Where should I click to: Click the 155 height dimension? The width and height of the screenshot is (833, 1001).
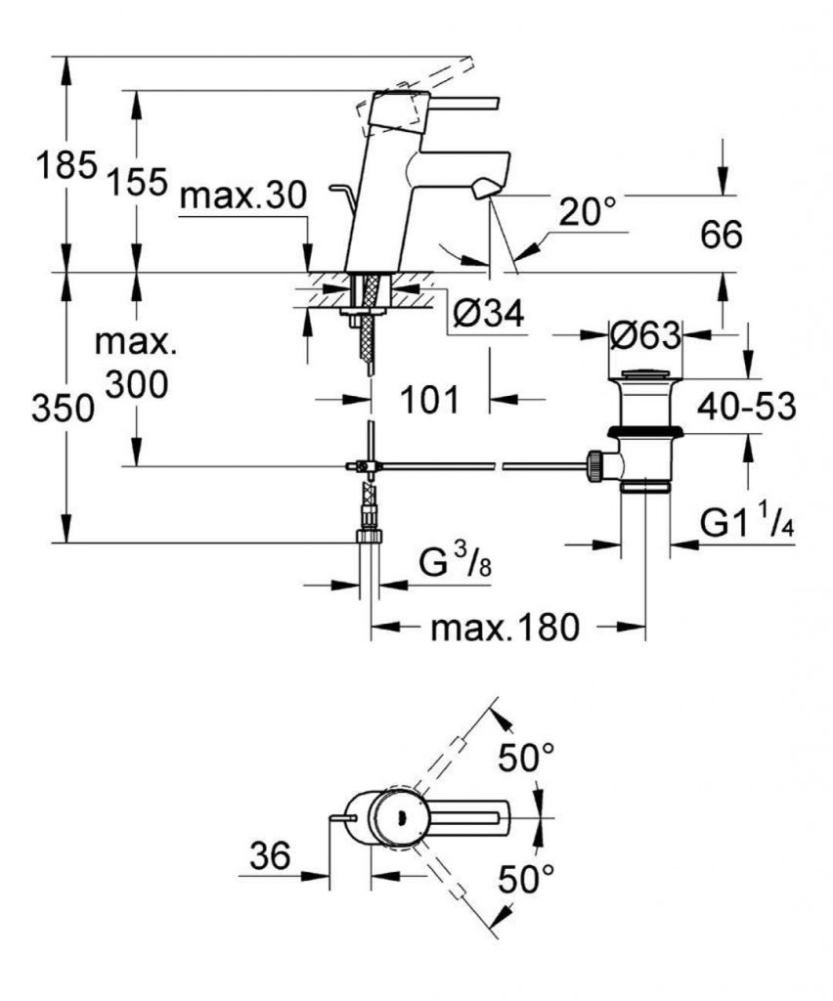tap(137, 181)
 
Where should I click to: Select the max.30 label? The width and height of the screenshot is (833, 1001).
tap(243, 197)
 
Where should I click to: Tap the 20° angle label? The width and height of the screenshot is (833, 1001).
tap(591, 209)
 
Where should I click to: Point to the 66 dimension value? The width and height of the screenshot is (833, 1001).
tap(723, 235)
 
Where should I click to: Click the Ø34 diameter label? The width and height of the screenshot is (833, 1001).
tap(491, 313)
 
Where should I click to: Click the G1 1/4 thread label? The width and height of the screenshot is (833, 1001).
tap(748, 525)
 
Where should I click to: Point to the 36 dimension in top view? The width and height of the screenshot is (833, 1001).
tap(270, 857)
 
